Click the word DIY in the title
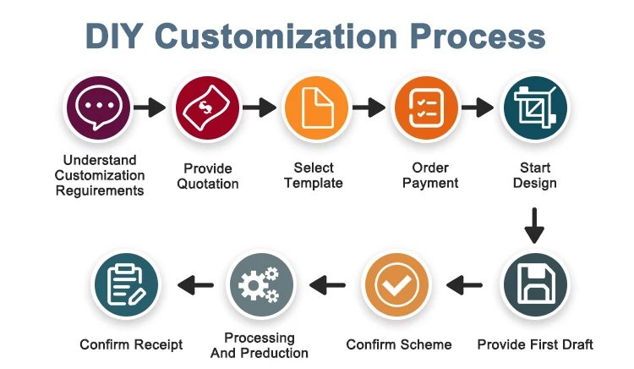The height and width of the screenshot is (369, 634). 113,36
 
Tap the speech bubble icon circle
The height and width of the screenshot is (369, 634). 98,108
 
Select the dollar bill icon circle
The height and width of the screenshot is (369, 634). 207,108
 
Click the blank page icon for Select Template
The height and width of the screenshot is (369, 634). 317,108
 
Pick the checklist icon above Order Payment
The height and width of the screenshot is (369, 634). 426,108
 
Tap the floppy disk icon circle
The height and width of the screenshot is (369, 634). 535,285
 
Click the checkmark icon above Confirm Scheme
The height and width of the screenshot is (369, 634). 396,285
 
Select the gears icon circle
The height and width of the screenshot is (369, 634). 261,285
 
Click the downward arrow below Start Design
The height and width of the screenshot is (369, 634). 534,226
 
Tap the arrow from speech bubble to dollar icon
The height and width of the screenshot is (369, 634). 150,107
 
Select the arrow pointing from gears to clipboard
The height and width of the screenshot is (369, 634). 195,285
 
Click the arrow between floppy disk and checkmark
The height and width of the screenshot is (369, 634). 464,285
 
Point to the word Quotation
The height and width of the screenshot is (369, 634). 208,184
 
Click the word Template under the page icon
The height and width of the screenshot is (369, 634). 314,184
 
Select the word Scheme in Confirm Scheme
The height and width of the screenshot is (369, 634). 425,344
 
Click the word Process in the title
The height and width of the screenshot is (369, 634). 478,36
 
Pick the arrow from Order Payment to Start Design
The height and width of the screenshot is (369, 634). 478,107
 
